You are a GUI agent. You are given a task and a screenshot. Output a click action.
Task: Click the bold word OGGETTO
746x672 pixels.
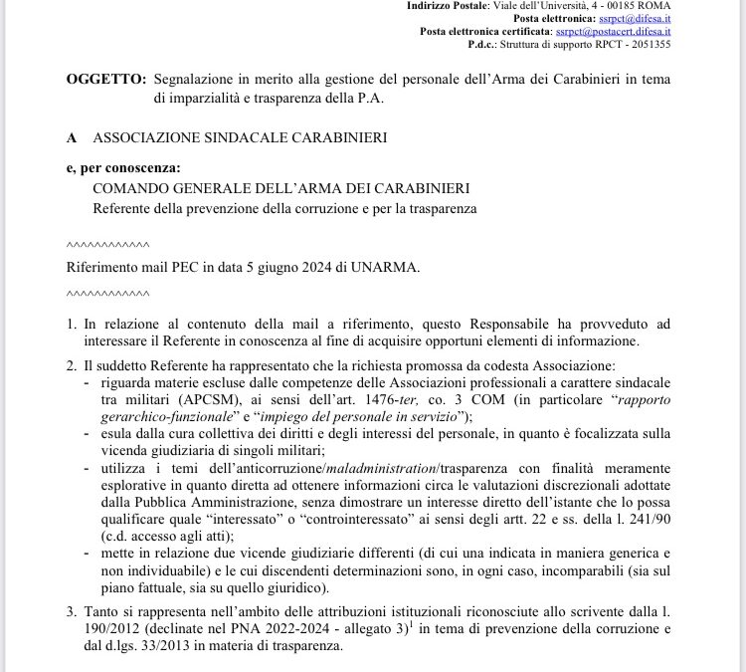103,79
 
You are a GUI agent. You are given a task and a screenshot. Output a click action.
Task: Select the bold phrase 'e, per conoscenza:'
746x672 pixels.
115,169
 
